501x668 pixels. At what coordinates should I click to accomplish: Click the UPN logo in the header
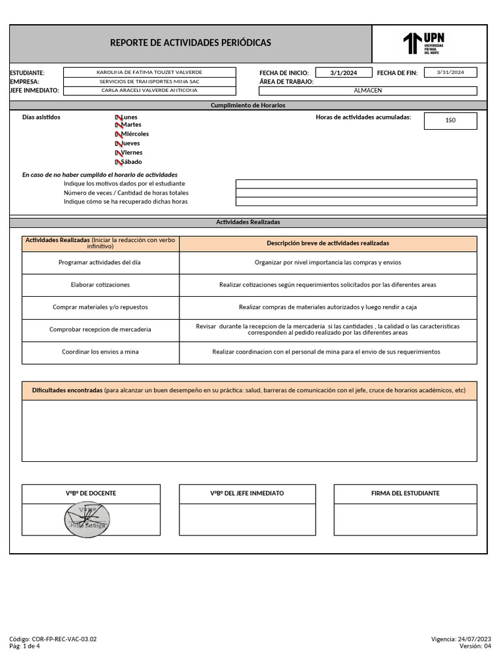[424, 44]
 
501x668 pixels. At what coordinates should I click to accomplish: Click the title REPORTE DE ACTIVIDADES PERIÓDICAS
[190, 43]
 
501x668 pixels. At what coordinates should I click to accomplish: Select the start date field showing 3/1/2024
[344, 73]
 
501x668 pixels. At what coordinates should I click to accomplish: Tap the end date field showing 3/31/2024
[450, 72]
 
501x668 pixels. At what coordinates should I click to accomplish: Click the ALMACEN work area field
[367, 91]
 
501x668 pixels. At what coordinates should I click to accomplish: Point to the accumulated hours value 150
[450, 121]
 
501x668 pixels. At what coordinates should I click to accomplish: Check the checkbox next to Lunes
[118, 117]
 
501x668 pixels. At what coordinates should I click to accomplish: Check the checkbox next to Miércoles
[118, 134]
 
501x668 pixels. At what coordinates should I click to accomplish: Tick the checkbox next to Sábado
[118, 162]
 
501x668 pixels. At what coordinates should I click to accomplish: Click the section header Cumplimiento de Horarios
[248, 105]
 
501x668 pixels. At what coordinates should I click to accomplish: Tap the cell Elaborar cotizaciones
[100, 285]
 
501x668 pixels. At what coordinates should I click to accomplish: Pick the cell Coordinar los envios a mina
[100, 352]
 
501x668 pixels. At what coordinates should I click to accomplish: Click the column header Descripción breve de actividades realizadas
[327, 243]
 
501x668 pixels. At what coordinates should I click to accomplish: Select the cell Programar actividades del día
[100, 262]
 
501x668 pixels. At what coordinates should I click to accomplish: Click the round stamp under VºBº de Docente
[87, 519]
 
